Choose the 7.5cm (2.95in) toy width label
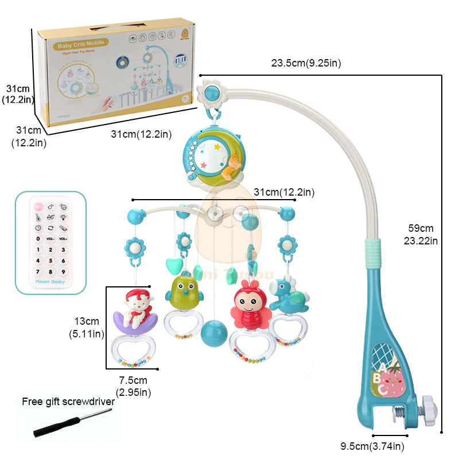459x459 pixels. coord(133,386)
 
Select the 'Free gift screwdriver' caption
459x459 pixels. coord(68,402)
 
